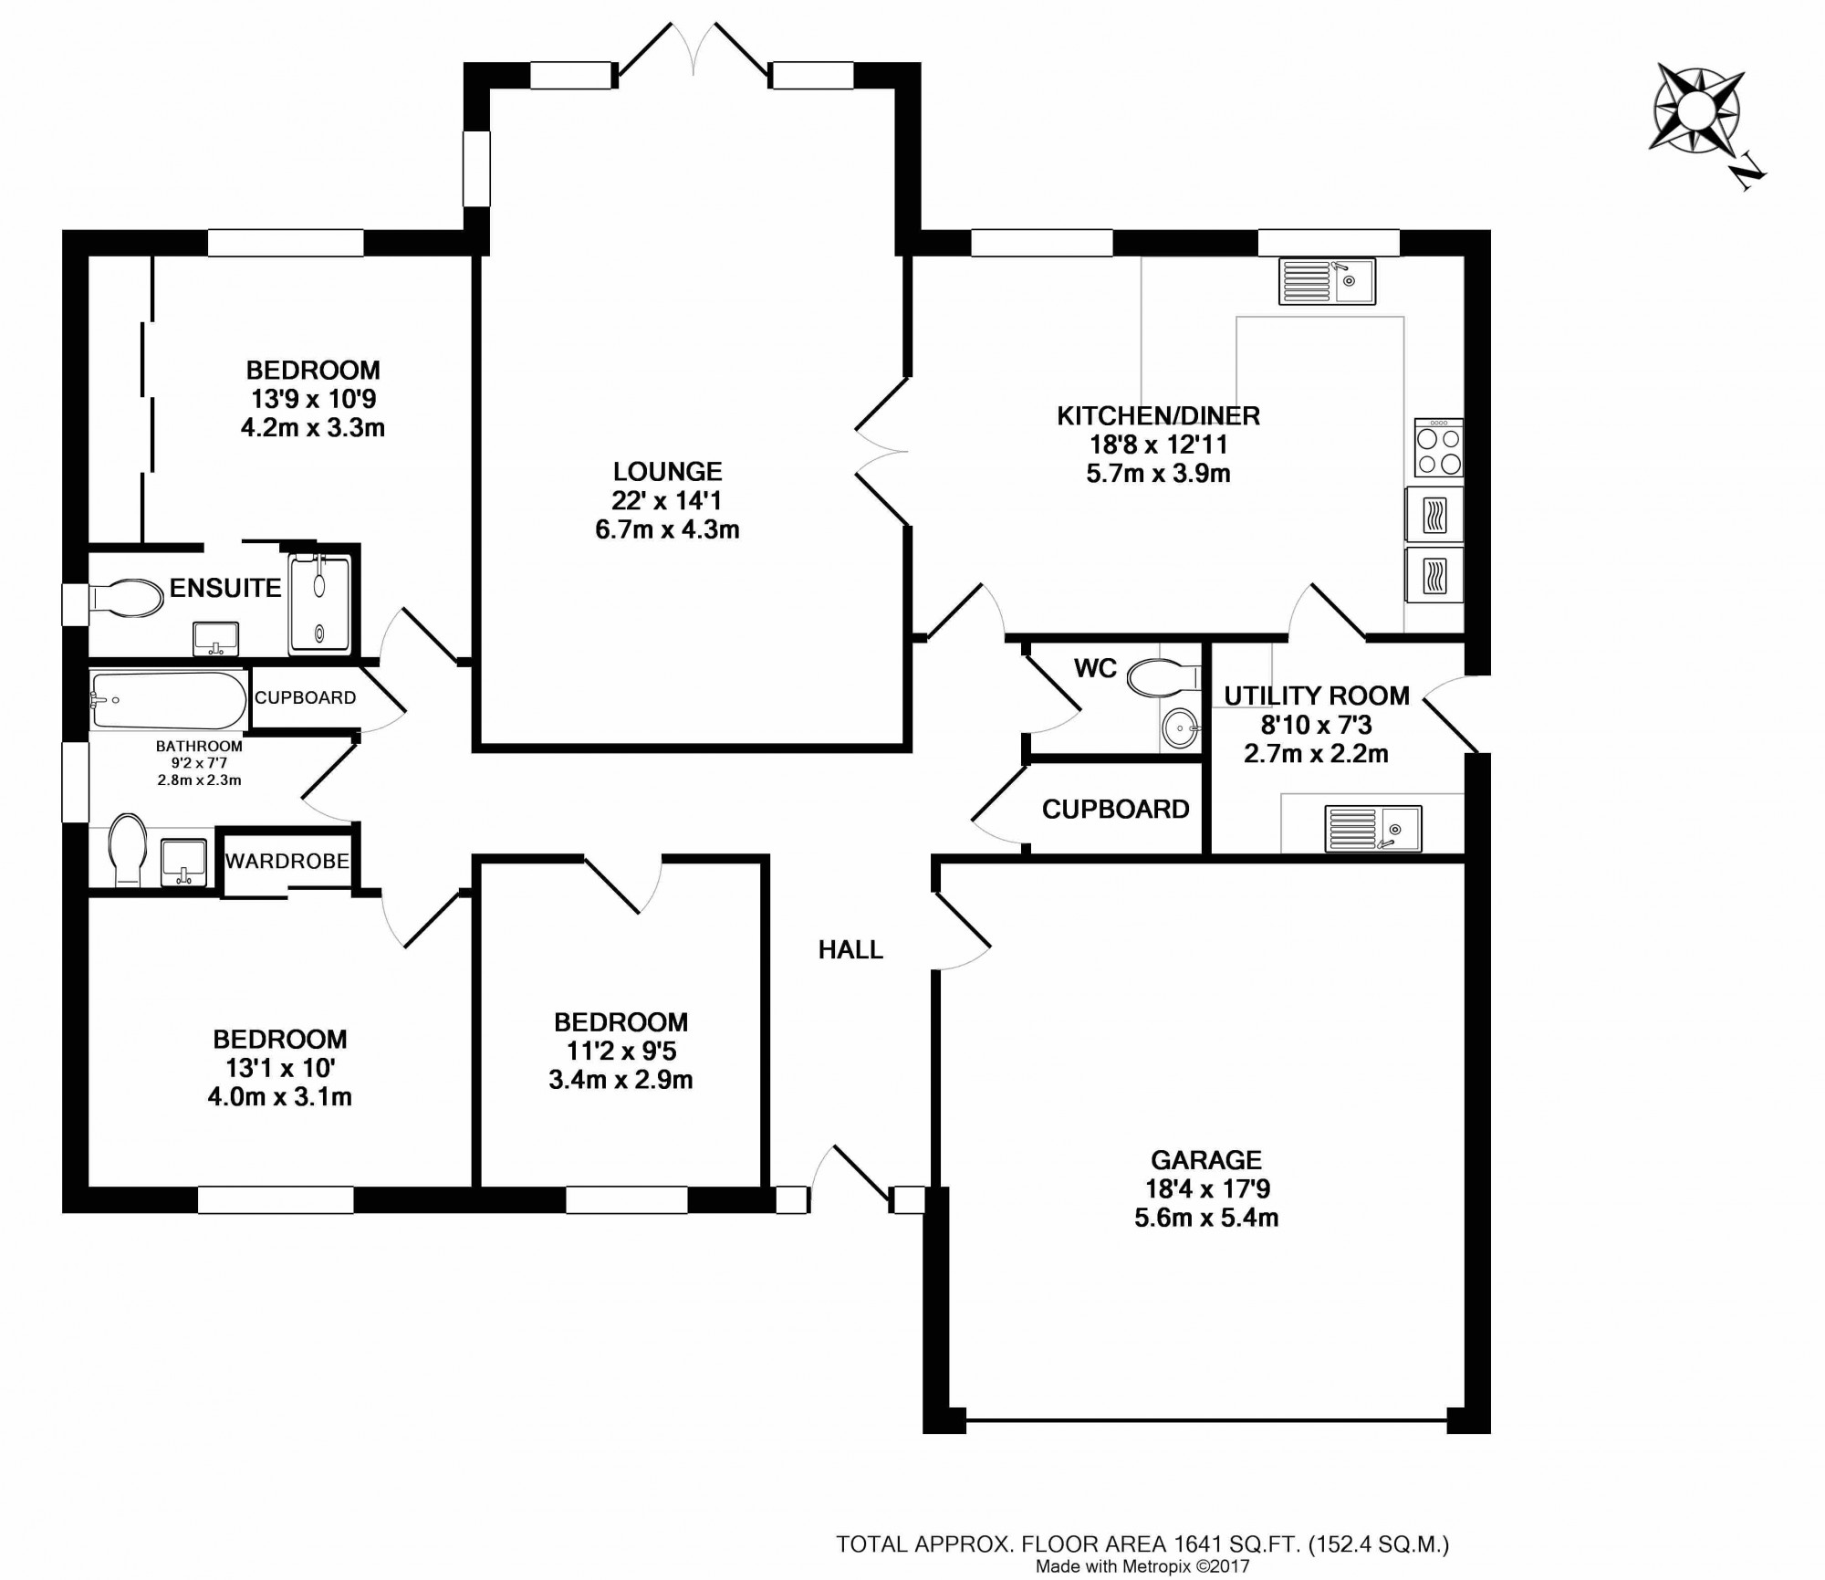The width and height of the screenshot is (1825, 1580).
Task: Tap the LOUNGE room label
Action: tap(667, 471)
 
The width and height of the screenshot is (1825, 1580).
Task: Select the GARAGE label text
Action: tap(1206, 1159)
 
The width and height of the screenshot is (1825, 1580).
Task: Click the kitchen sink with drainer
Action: tap(1327, 281)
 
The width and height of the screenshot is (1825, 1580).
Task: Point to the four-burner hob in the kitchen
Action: tap(1438, 447)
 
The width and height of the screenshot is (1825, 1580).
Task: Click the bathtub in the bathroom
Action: tap(168, 700)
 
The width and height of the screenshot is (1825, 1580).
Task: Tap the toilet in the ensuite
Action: tap(125, 598)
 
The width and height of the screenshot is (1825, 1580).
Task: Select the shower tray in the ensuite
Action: tap(319, 603)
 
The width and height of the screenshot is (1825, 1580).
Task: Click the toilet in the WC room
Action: tap(1163, 678)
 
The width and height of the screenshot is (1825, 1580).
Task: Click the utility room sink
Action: tap(1372, 829)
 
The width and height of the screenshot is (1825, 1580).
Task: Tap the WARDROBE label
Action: tap(287, 861)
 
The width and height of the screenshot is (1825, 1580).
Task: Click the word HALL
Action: tap(850, 950)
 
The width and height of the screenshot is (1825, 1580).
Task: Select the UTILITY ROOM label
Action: tap(1317, 696)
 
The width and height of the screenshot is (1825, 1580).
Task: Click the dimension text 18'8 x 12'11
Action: tap(1158, 445)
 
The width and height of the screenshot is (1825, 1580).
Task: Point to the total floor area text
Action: tap(1142, 1519)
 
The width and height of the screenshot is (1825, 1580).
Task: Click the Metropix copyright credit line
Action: tap(1142, 1541)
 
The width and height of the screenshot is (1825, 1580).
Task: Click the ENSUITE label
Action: tap(225, 588)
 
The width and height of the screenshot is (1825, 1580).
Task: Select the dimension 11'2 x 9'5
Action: tap(620, 1051)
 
